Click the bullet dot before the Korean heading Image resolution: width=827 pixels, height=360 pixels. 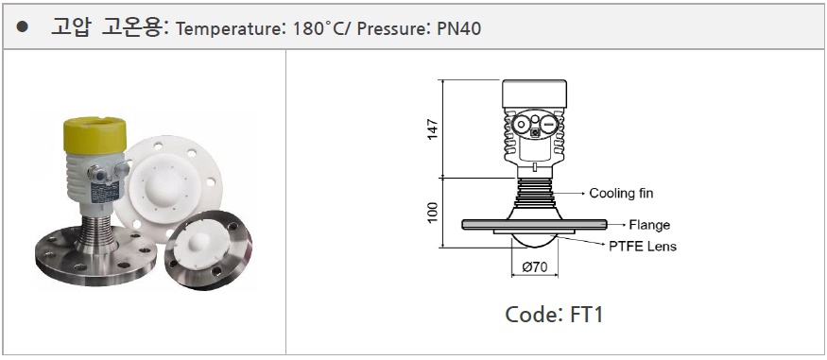pyautogui.click(x=22, y=27)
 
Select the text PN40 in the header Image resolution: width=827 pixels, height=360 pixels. pyautogui.click(x=458, y=28)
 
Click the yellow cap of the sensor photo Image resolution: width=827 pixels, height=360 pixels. pyautogui.click(x=95, y=135)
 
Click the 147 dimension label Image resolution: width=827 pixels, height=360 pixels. pyautogui.click(x=433, y=129)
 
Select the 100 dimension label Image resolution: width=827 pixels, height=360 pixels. pyautogui.click(x=433, y=213)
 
